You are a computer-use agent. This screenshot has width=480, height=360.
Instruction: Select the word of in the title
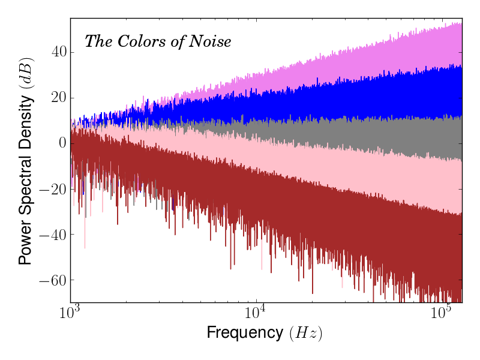(179, 41)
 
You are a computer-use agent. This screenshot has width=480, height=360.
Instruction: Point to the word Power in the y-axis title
(25, 245)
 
